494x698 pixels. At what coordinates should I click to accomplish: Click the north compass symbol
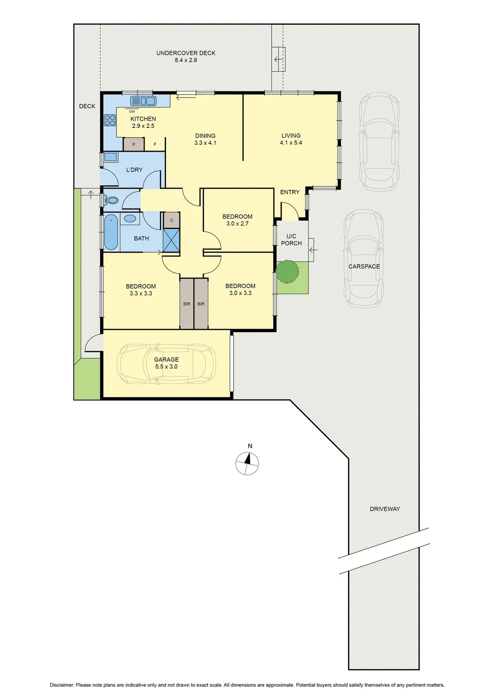pyautogui.click(x=247, y=463)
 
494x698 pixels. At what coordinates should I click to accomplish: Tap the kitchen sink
pyautogui.click(x=143, y=101)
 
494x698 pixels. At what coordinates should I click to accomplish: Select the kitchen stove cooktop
pyautogui.click(x=110, y=120)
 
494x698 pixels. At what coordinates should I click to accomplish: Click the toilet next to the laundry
pyautogui.click(x=111, y=200)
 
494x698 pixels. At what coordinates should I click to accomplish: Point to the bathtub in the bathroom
pyautogui.click(x=111, y=233)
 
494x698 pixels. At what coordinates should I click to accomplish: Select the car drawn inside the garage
pyautogui.click(x=166, y=364)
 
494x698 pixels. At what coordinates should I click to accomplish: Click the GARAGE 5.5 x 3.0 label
pyautogui.click(x=166, y=363)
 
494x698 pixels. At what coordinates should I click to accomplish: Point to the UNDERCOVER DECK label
pyautogui.click(x=186, y=56)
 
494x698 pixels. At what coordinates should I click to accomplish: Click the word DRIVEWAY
pyautogui.click(x=385, y=509)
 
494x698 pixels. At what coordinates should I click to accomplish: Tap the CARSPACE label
pyautogui.click(x=364, y=266)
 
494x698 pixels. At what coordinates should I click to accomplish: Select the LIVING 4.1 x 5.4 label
pyautogui.click(x=291, y=139)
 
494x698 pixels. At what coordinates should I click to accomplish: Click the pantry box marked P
pyautogui.click(x=133, y=144)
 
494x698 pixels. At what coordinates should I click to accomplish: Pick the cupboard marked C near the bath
pyautogui.click(x=171, y=220)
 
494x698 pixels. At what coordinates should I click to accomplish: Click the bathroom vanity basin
pyautogui.click(x=130, y=218)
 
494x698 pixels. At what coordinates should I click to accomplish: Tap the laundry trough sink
pyautogui.click(x=110, y=158)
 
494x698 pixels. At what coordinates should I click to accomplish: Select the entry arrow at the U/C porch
pyautogui.click(x=313, y=250)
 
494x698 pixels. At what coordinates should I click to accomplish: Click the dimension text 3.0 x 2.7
pyautogui.click(x=237, y=224)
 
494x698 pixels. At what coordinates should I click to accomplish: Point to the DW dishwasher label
pyautogui.click(x=132, y=111)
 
